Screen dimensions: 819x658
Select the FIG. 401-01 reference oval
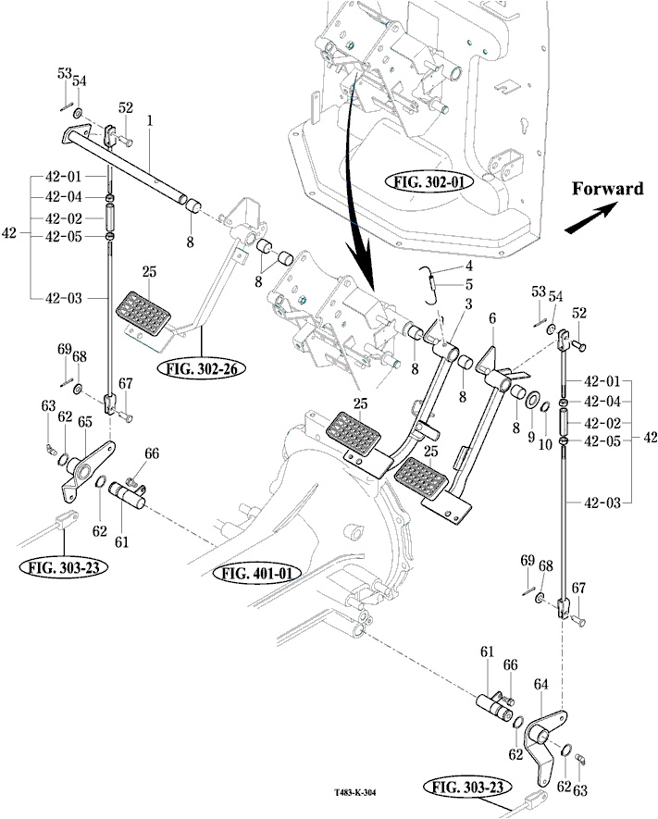point(260,573)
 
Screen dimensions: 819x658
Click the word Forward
point(606,189)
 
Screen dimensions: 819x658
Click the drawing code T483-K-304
point(362,793)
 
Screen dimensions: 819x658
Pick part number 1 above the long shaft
point(150,121)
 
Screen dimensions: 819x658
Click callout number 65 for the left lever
point(84,422)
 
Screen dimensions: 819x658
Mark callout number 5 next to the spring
point(468,284)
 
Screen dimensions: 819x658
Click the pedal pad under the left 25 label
point(148,313)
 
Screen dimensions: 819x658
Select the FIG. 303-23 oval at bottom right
point(467,788)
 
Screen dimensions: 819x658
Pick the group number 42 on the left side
point(10,235)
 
